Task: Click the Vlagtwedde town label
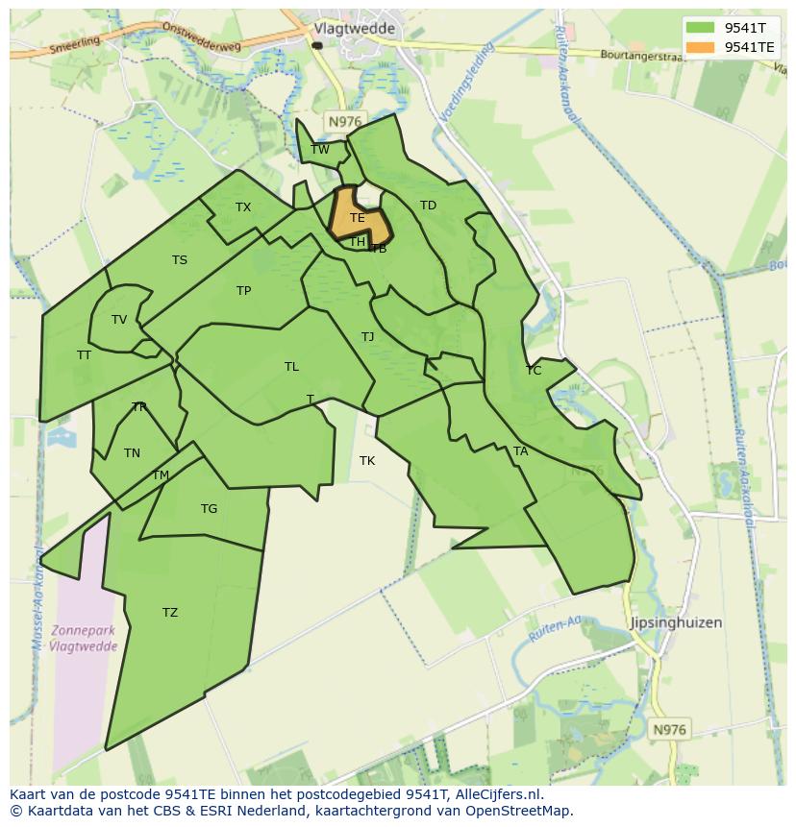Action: click(355, 29)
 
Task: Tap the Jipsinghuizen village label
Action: click(675, 622)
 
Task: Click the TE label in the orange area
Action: click(358, 218)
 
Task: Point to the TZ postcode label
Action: click(170, 613)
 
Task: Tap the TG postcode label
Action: click(210, 509)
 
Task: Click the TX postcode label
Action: click(243, 207)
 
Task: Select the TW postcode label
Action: click(320, 149)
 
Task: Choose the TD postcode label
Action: click(428, 206)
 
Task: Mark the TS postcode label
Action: click(180, 260)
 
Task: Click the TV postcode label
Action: click(119, 320)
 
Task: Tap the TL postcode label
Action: click(291, 367)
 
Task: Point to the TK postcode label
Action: click(367, 461)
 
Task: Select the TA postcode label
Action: click(520, 451)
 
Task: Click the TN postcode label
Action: click(132, 453)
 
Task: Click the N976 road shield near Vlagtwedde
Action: click(343, 121)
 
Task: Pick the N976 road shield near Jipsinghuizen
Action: click(669, 730)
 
